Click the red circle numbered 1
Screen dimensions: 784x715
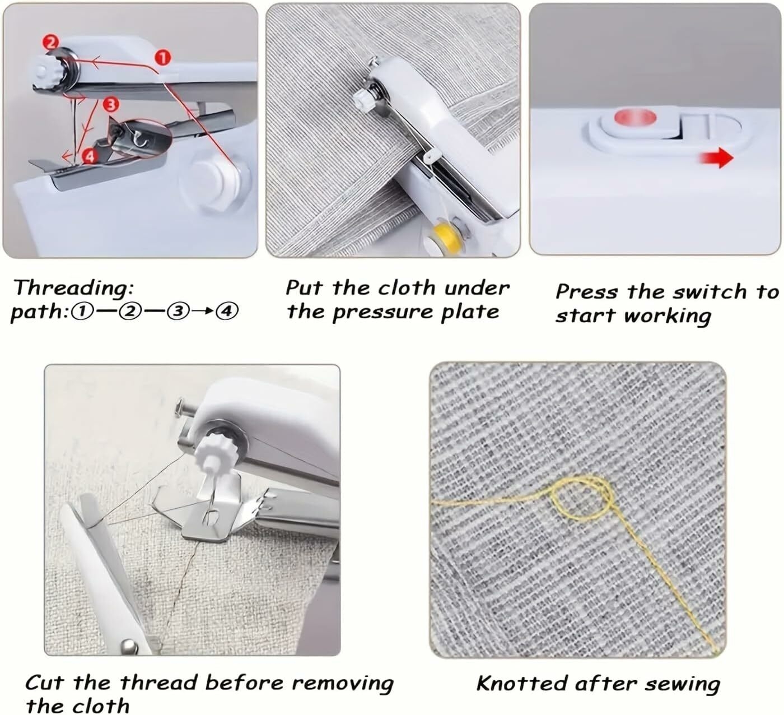pyautogui.click(x=162, y=58)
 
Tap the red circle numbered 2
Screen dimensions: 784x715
pyautogui.click(x=50, y=42)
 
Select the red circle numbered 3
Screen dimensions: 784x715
pyautogui.click(x=111, y=104)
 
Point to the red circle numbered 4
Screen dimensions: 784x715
pyautogui.click(x=90, y=156)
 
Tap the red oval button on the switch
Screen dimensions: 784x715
pyautogui.click(x=635, y=118)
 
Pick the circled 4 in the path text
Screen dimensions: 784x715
pyautogui.click(x=227, y=312)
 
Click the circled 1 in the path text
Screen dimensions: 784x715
pyautogui.click(x=83, y=312)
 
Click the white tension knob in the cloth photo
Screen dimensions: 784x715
pyautogui.click(x=363, y=100)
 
